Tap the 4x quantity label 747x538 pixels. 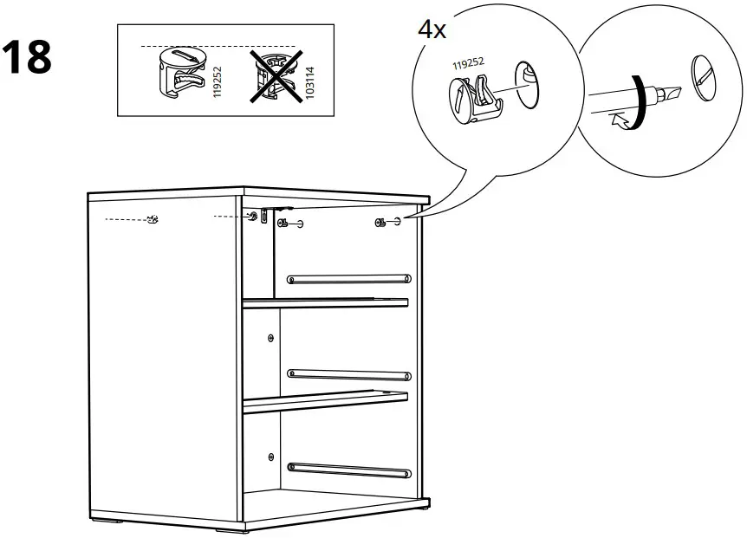click(432, 29)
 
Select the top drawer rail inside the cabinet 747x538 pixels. click(348, 278)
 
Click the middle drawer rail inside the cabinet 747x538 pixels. click(348, 374)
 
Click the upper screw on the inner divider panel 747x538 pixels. click(271, 337)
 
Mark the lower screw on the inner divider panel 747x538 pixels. click(271, 456)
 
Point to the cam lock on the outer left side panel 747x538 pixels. click(153, 219)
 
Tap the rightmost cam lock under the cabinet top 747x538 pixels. click(380, 224)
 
